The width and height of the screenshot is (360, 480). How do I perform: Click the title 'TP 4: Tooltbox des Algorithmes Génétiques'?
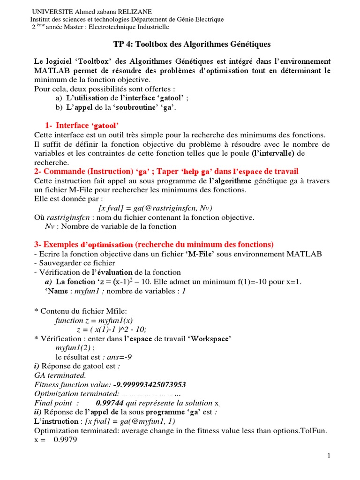click(192, 44)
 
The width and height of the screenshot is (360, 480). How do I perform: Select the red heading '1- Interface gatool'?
click(82, 125)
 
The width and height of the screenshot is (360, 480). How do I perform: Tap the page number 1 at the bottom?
click(329, 456)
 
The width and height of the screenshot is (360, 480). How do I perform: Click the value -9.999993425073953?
click(149, 384)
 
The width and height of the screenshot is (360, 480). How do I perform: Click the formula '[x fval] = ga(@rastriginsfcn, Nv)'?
click(155, 208)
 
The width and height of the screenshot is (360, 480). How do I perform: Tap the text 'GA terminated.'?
click(60, 375)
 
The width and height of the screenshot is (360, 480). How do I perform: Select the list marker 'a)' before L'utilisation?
click(59, 98)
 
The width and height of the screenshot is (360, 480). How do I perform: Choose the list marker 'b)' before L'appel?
click(59, 107)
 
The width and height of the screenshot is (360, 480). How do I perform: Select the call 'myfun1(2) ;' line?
click(75, 347)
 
